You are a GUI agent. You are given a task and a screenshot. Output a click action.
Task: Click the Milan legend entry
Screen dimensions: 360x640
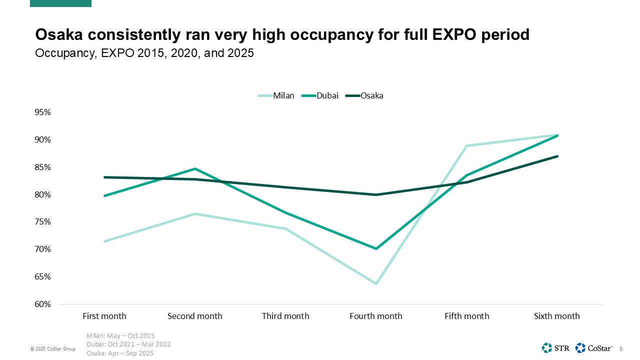point(276,96)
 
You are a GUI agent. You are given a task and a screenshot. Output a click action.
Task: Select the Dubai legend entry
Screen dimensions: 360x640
point(320,96)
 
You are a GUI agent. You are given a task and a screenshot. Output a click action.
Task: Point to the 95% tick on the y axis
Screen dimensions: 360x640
point(43,112)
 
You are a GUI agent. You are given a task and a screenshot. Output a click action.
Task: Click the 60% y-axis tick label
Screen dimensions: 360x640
point(43,304)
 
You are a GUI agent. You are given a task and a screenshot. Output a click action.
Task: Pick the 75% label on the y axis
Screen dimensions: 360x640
point(43,222)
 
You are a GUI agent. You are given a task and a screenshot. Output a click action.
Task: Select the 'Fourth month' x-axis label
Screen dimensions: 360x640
point(376,316)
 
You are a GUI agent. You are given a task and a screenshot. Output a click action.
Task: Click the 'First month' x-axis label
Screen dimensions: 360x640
point(104,316)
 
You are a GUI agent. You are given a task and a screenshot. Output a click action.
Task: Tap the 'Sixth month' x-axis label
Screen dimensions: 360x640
point(557,316)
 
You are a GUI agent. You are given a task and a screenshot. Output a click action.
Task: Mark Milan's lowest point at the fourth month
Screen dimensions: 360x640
point(376,283)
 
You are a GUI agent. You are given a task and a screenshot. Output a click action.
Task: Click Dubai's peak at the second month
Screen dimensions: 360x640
point(195,169)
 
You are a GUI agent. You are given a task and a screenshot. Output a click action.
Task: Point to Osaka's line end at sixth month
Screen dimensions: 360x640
point(557,156)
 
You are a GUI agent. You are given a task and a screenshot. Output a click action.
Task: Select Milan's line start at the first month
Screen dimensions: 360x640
point(104,241)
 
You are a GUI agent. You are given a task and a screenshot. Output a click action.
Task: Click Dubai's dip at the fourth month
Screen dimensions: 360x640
point(376,248)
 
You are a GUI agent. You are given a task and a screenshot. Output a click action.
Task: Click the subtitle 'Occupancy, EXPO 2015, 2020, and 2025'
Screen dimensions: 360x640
point(144,53)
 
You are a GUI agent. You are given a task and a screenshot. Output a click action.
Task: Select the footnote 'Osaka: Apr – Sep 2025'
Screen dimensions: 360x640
point(120,353)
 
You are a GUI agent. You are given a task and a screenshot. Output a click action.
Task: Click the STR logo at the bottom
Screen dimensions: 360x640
point(555,347)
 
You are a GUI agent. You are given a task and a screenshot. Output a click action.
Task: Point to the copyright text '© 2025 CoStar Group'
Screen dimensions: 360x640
point(52,349)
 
